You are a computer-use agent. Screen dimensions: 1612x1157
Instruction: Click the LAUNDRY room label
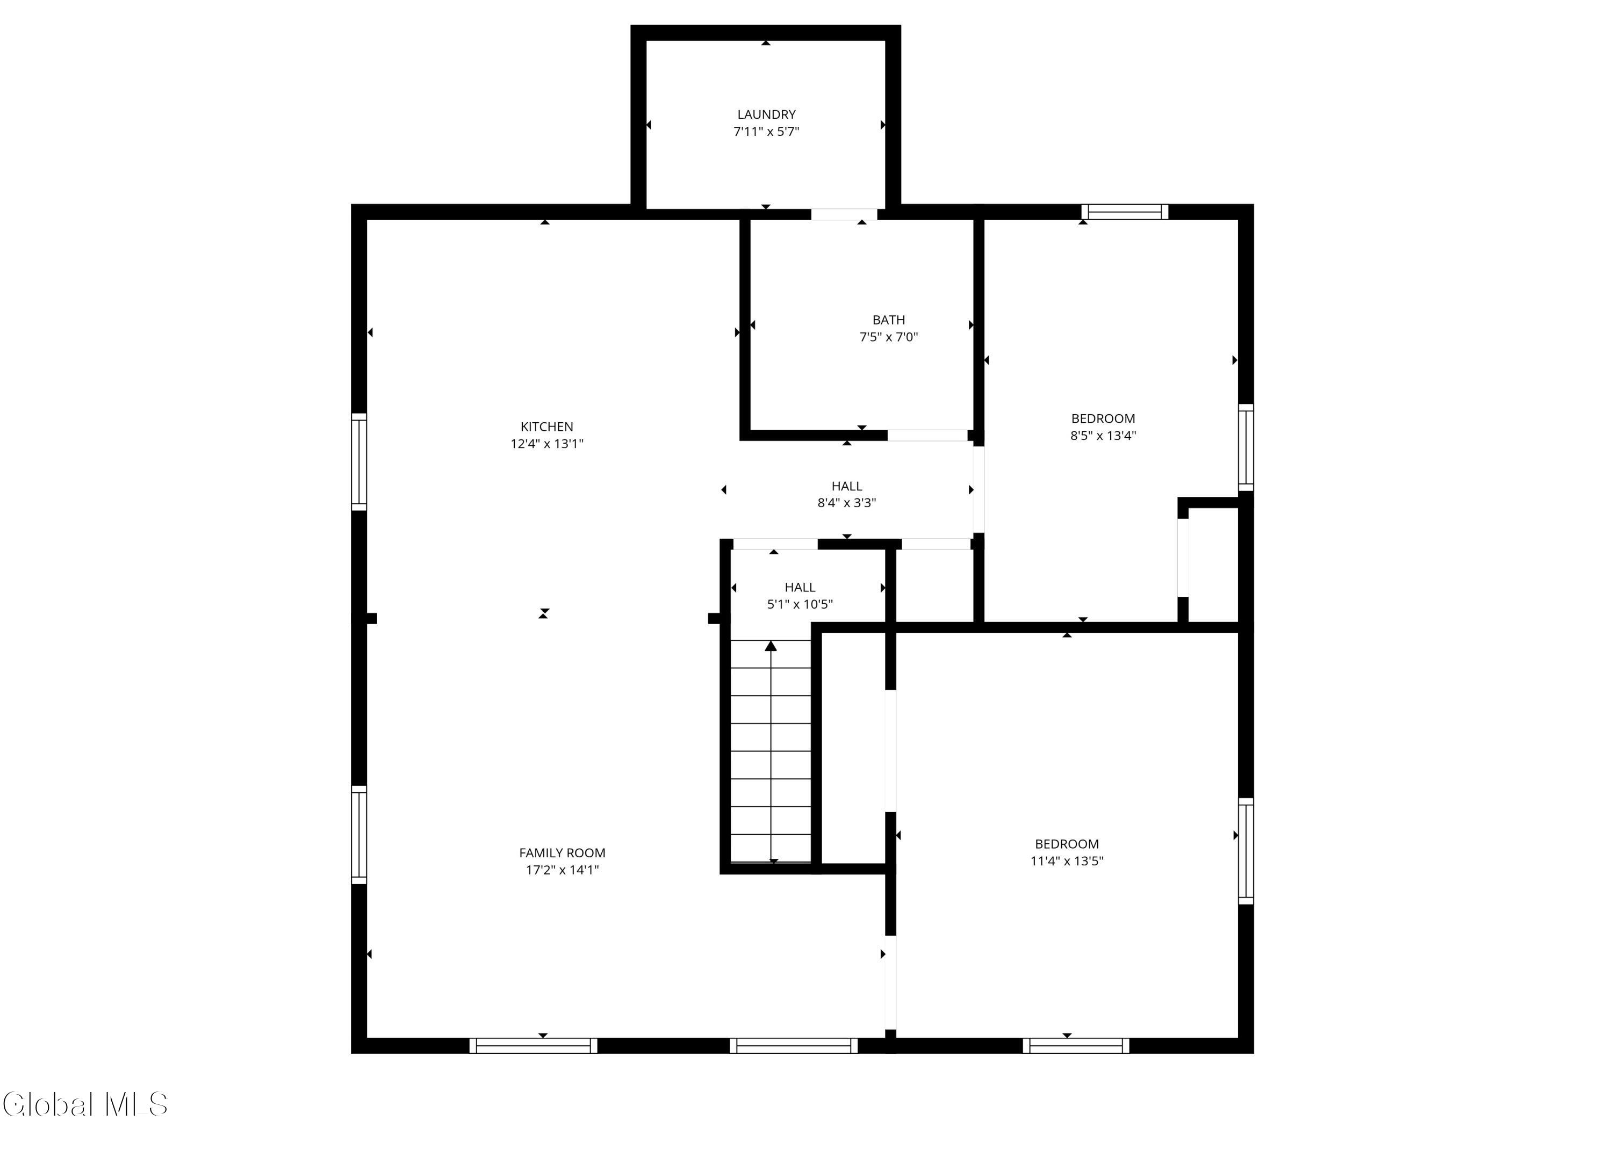(x=766, y=114)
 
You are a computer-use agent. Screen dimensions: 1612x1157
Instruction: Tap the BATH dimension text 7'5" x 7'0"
(x=888, y=337)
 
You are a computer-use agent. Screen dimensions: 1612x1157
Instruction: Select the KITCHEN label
(x=546, y=426)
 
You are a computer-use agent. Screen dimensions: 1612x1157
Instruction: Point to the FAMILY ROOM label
(x=562, y=853)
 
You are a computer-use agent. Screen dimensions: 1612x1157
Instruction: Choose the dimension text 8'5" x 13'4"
(x=1103, y=436)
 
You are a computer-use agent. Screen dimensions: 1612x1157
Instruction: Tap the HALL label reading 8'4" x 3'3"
(x=846, y=486)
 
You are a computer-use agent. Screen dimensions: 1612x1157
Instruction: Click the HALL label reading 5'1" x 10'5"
(x=800, y=587)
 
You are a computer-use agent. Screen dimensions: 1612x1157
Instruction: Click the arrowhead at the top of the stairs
(x=771, y=645)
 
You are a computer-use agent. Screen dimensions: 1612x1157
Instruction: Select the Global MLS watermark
(x=85, y=1104)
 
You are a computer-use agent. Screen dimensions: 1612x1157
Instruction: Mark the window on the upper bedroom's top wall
(x=1125, y=212)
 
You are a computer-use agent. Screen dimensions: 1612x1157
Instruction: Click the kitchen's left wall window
(x=359, y=462)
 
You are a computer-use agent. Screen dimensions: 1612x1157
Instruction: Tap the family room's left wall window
(x=359, y=835)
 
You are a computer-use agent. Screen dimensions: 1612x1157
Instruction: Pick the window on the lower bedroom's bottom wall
(x=1076, y=1045)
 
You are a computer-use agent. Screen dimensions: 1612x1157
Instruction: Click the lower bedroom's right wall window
(x=1246, y=851)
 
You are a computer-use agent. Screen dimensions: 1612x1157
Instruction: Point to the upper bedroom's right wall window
(x=1246, y=447)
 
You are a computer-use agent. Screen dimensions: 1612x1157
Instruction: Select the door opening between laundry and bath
(x=844, y=214)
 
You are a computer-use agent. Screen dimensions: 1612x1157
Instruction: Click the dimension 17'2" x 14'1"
(x=562, y=870)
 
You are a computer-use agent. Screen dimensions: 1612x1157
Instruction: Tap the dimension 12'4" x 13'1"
(x=546, y=444)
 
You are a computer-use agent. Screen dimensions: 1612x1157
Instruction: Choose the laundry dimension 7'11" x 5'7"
(x=766, y=132)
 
